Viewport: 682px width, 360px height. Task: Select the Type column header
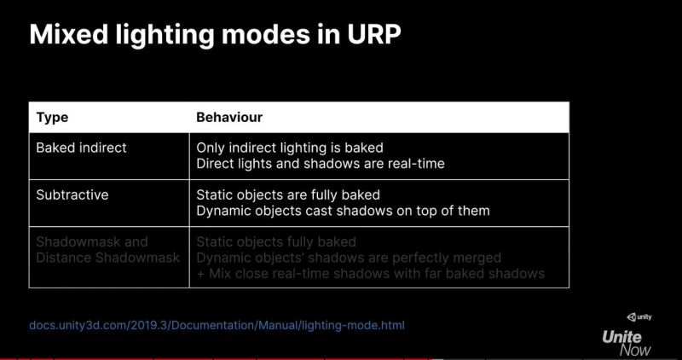[x=52, y=117]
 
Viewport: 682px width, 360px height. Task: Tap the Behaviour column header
[x=229, y=117]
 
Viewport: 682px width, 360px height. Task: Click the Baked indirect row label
[x=81, y=148]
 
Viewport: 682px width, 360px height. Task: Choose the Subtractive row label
[x=72, y=195]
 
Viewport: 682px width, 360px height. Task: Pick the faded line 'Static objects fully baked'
[x=276, y=242]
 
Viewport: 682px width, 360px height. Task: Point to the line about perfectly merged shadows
[x=348, y=258]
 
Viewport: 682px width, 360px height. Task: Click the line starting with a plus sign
[x=369, y=273]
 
